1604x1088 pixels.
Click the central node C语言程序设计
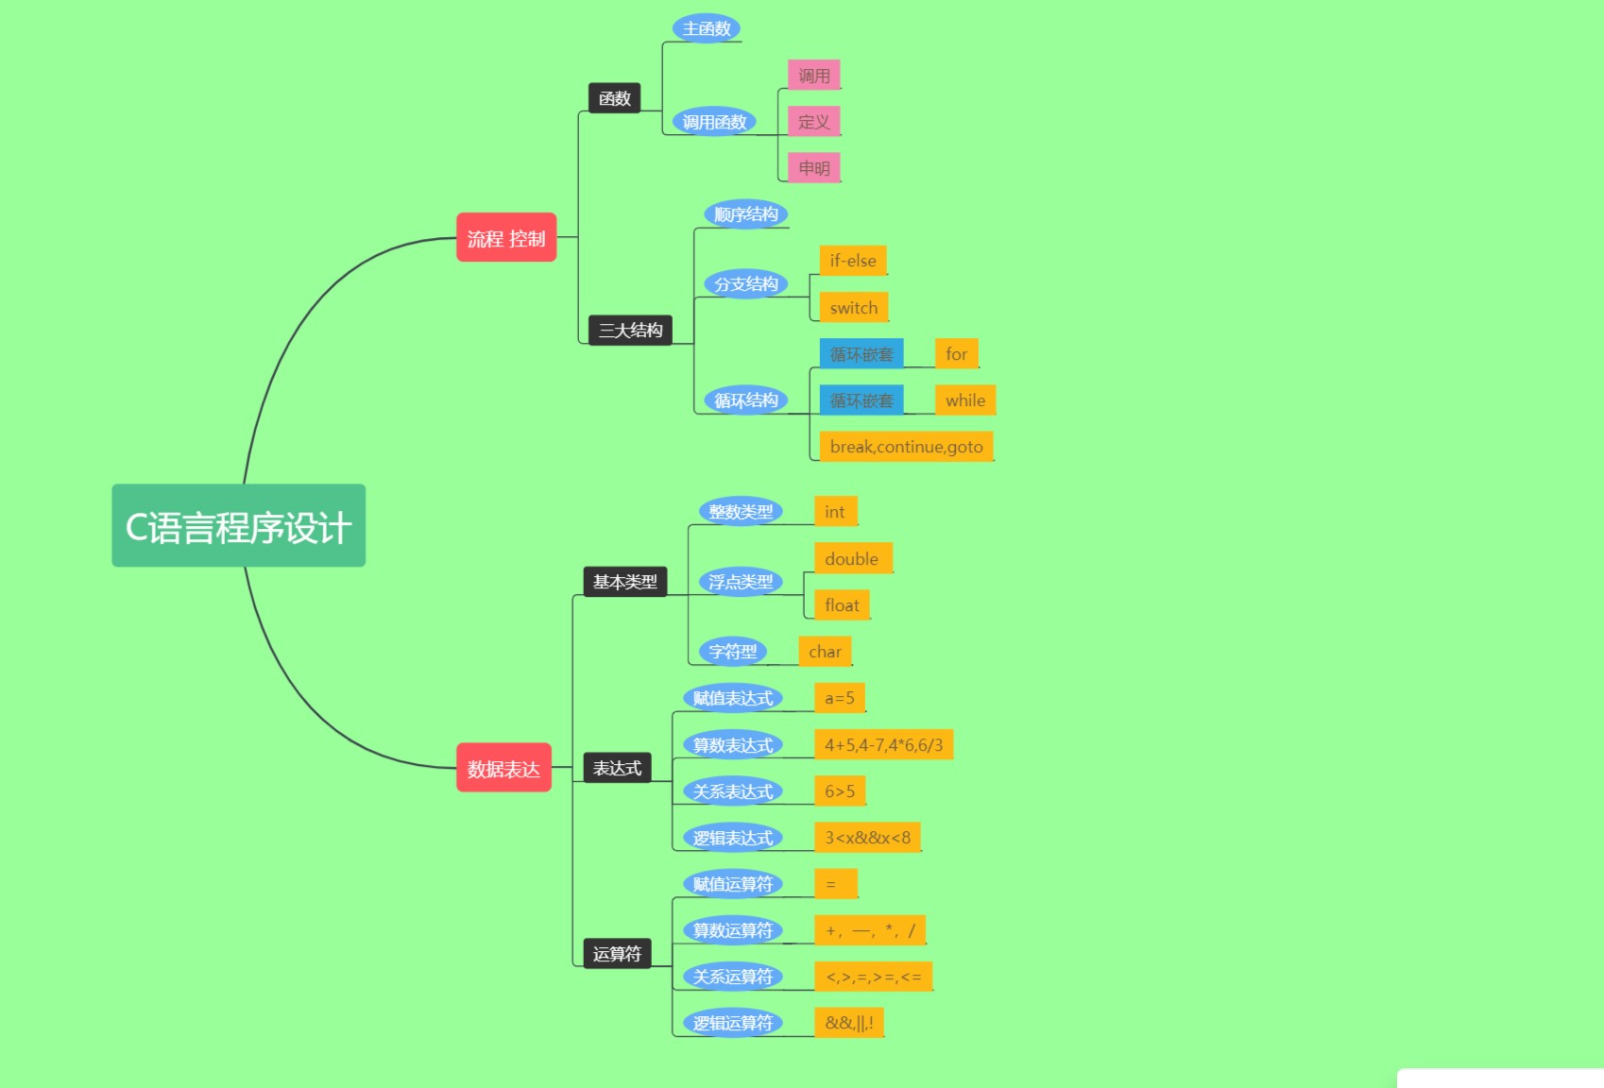pos(238,526)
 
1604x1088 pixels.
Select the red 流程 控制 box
pos(506,238)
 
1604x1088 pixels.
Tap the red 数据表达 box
pos(503,768)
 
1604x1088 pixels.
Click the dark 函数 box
pos(614,98)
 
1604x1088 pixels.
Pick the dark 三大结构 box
pos(630,330)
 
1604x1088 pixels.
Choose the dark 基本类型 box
pos(624,582)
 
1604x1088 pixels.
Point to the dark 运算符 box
pos(617,954)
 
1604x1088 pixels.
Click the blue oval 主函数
pos(707,28)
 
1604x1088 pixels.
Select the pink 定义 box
pos(813,122)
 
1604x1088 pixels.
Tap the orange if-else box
pos(853,261)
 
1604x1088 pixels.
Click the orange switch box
pos(854,307)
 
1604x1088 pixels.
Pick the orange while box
pos(964,400)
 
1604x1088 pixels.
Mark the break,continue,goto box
pos(906,447)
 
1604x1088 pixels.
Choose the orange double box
pos(852,558)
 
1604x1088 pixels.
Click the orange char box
pos(825,652)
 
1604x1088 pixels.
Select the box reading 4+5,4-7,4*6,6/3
pos(883,745)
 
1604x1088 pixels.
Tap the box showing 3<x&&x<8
pos(867,838)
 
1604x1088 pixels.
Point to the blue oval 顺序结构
pos(745,214)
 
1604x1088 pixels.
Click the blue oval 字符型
pos(733,652)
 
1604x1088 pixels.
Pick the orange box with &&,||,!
pos(848,1023)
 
